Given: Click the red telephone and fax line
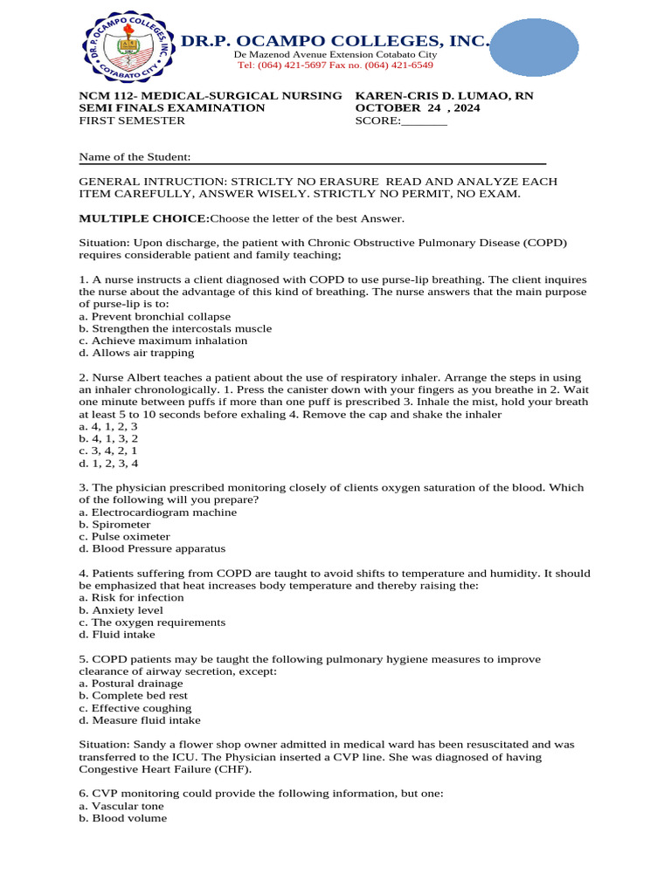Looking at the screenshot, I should tap(335, 65).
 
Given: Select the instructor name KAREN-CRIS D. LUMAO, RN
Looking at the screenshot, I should tap(444, 95).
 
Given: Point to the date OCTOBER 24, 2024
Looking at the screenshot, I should tap(419, 108).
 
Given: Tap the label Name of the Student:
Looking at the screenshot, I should tap(135, 157).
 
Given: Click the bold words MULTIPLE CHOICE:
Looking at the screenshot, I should tap(144, 218).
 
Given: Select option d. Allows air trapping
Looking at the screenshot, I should tap(136, 353).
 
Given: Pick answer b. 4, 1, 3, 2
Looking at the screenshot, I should tap(108, 439).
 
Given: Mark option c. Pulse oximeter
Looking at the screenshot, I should tap(124, 537).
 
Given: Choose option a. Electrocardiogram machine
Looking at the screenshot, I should tap(157, 512).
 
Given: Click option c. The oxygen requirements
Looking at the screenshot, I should tap(152, 622).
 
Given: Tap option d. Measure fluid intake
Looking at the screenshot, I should tap(140, 720).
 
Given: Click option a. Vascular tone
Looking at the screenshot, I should tap(121, 806).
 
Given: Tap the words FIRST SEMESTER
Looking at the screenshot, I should tap(132, 120).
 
